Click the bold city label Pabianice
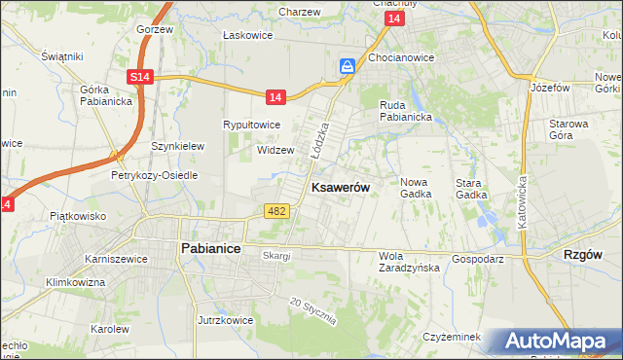210,248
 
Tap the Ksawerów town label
339,189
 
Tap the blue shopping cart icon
348,66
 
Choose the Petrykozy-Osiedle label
154,176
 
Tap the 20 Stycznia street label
312,311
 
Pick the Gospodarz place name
477,260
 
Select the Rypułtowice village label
252,126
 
